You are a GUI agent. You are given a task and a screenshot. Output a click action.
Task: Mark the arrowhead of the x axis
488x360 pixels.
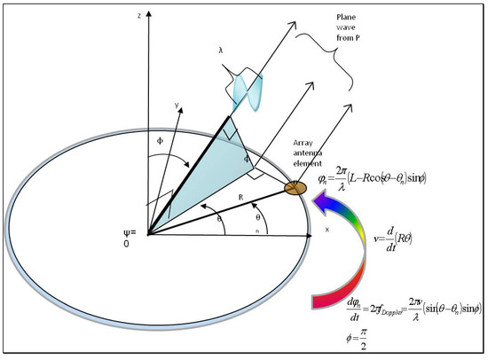tap(315, 236)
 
